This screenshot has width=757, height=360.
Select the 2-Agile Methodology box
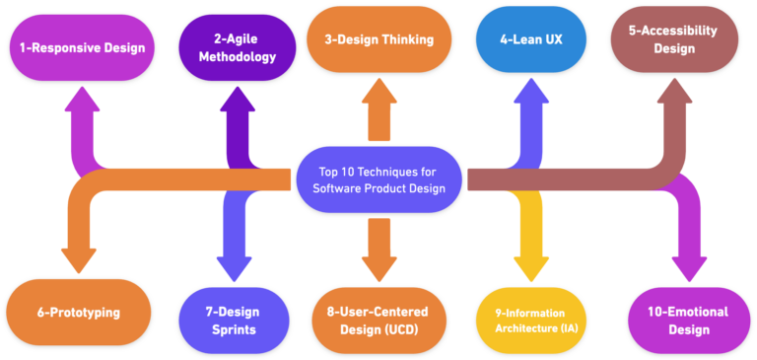(x=237, y=46)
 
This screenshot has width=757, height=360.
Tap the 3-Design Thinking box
(x=378, y=39)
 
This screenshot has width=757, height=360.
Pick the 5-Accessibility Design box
(x=674, y=39)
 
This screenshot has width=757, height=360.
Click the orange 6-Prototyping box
(x=78, y=312)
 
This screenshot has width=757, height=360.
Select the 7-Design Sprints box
(x=234, y=320)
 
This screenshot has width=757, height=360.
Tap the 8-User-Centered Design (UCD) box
(x=378, y=320)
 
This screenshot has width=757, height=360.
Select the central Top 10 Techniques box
(x=378, y=179)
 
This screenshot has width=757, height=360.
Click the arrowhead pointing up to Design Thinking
(x=378, y=94)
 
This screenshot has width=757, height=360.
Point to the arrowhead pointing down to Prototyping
(x=80, y=260)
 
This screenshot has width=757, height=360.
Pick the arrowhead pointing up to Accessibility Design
(x=674, y=94)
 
